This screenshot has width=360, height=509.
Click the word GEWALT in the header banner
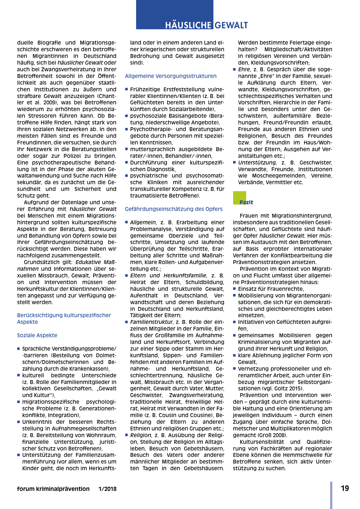click(232, 25)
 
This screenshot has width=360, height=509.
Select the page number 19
click(345, 488)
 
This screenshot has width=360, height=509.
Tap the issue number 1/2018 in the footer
click(107, 489)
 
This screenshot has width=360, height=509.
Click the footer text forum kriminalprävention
click(53, 489)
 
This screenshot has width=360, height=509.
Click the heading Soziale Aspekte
click(37, 335)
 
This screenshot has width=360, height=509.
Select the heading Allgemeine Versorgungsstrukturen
click(171, 76)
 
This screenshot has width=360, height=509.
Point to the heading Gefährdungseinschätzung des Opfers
click(174, 209)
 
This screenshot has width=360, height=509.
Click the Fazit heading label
click(246, 202)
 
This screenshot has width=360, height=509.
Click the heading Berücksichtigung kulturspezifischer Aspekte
click(64, 318)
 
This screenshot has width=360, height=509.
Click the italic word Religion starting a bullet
click(141, 435)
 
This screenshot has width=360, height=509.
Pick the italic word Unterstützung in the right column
click(257, 163)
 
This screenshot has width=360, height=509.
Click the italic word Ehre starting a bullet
click(244, 69)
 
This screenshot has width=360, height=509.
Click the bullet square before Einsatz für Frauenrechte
click(235, 289)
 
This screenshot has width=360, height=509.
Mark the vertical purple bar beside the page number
click(331, 495)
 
